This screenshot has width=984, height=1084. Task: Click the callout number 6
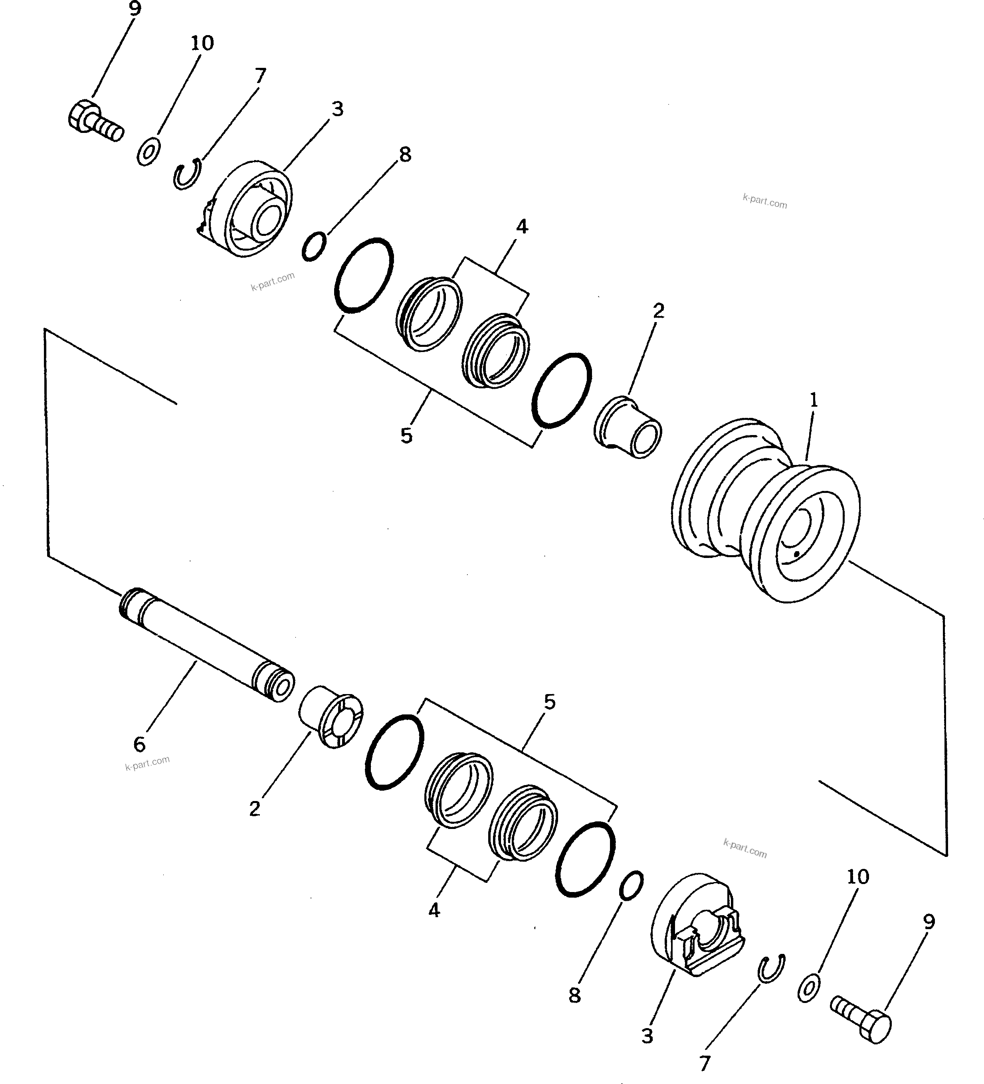(139, 744)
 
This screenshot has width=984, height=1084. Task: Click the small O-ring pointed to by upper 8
(313, 246)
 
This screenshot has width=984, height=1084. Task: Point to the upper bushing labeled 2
(628, 427)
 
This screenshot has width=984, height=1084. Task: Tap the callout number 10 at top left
(202, 43)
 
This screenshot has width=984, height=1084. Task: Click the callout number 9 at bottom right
(929, 922)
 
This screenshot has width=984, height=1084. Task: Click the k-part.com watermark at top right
(764, 202)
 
